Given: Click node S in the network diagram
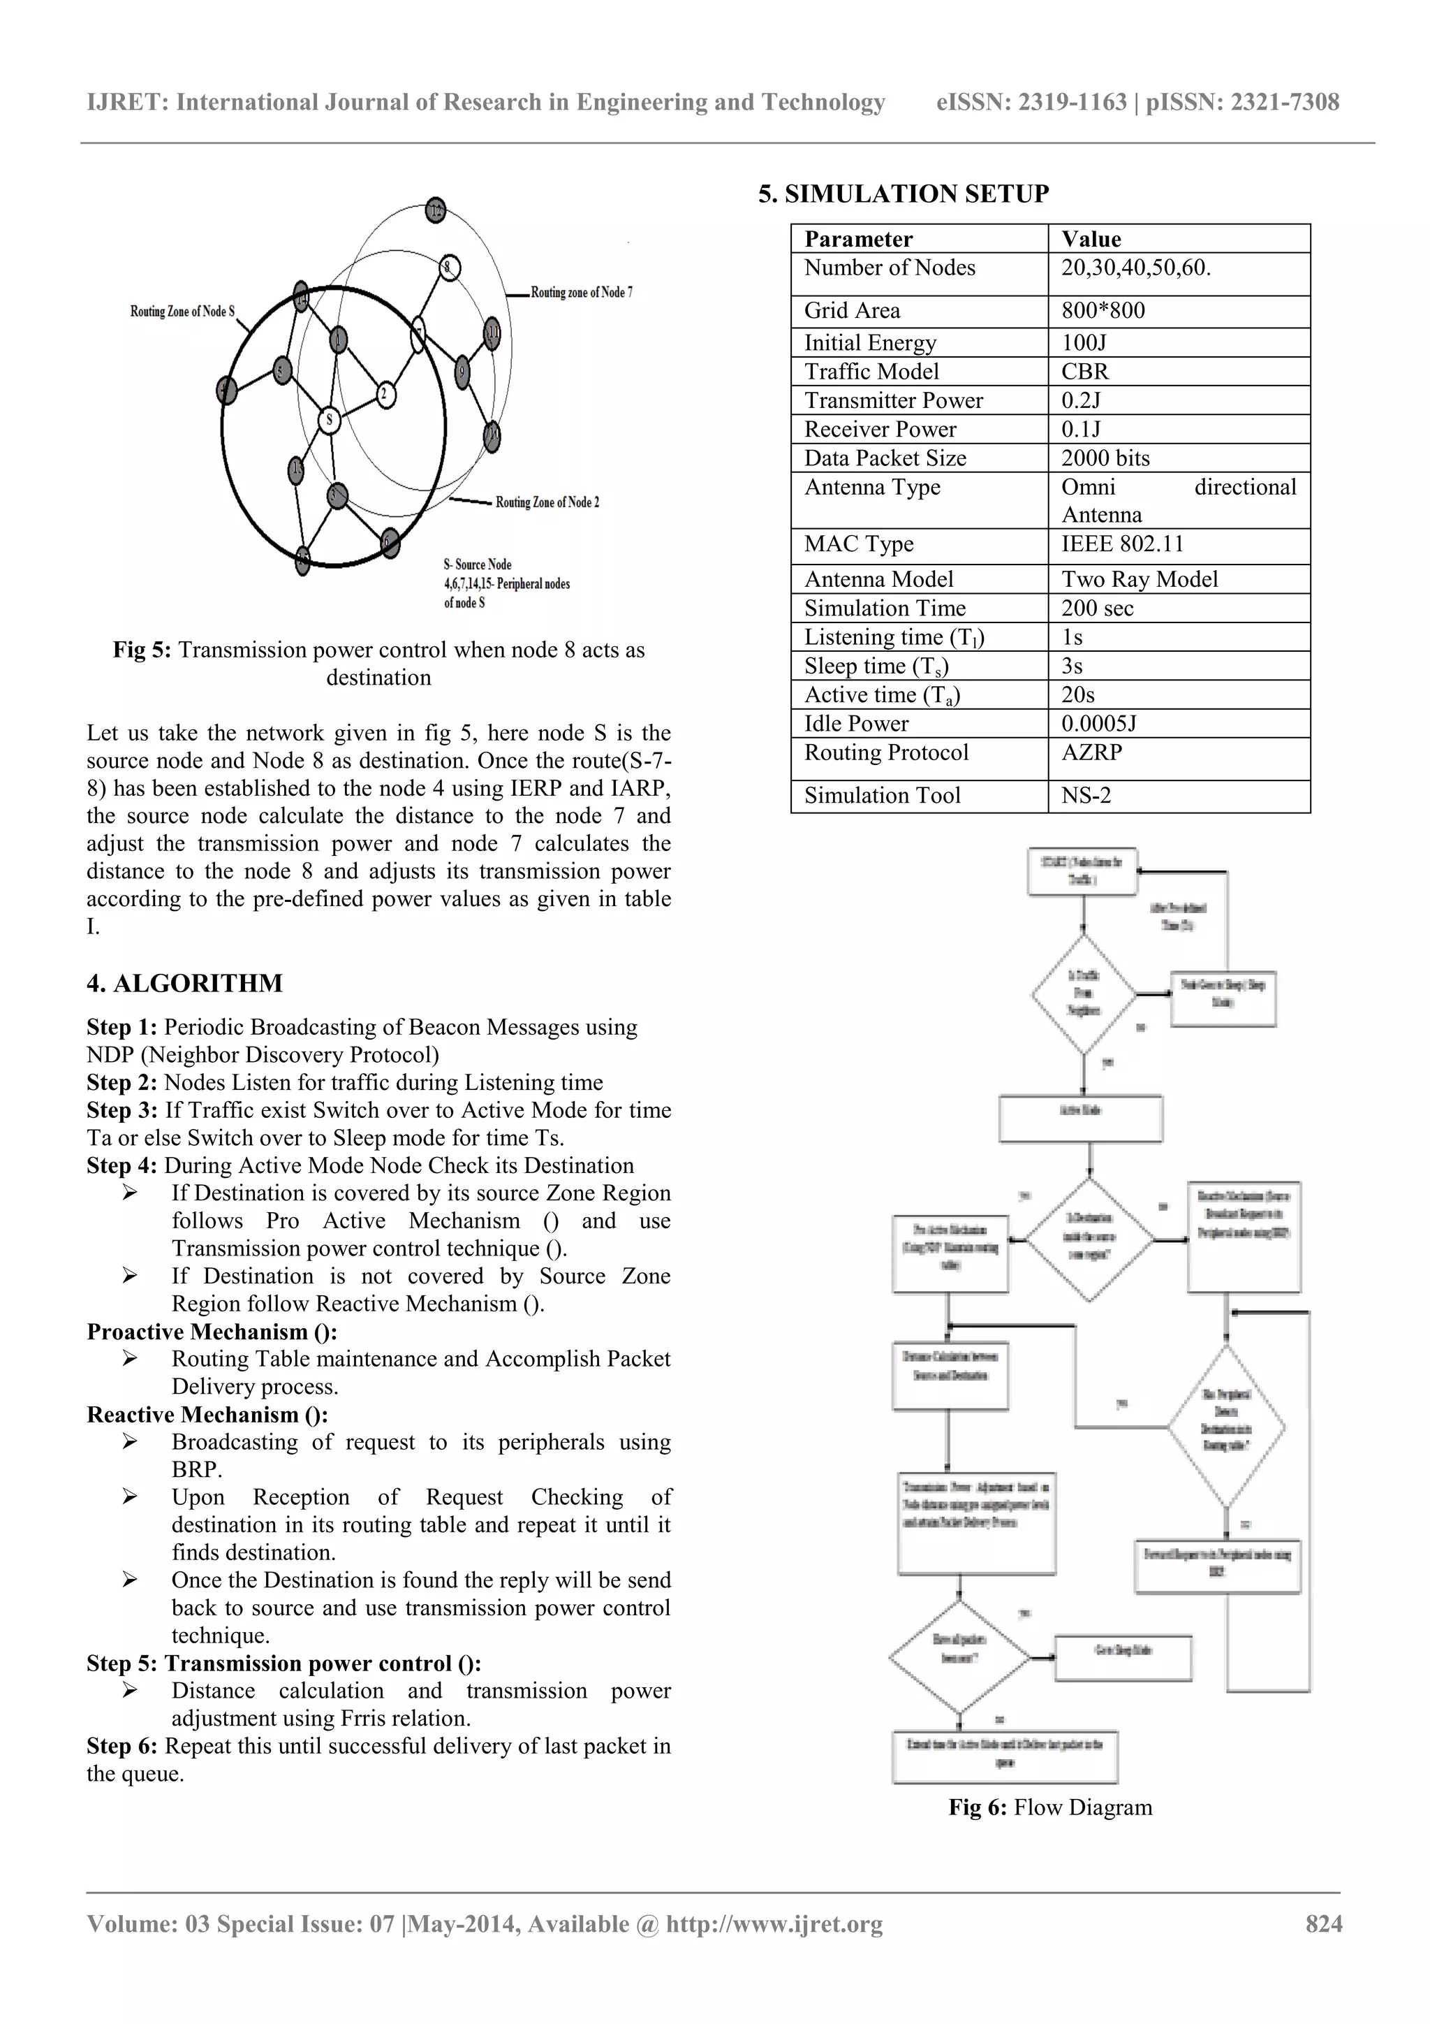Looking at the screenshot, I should tap(329, 421).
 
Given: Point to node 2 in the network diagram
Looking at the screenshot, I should tap(384, 395).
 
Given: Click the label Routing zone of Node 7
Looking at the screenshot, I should tap(582, 293).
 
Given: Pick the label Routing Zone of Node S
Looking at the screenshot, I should tap(182, 311).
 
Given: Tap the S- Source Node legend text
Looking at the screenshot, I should tap(478, 565).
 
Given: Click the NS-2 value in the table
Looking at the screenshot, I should tap(1086, 795).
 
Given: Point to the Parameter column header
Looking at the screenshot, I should tap(858, 239).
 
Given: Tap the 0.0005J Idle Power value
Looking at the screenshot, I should tap(1099, 724).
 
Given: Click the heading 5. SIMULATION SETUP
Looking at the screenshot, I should tap(903, 194).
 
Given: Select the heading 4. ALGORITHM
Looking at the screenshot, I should tap(184, 983).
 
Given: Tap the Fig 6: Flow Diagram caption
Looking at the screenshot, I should tap(1049, 1807).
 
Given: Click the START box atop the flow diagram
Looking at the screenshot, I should tap(1082, 871).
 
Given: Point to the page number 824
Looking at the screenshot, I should tap(1323, 1923).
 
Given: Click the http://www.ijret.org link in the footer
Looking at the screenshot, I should tap(774, 1923).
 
